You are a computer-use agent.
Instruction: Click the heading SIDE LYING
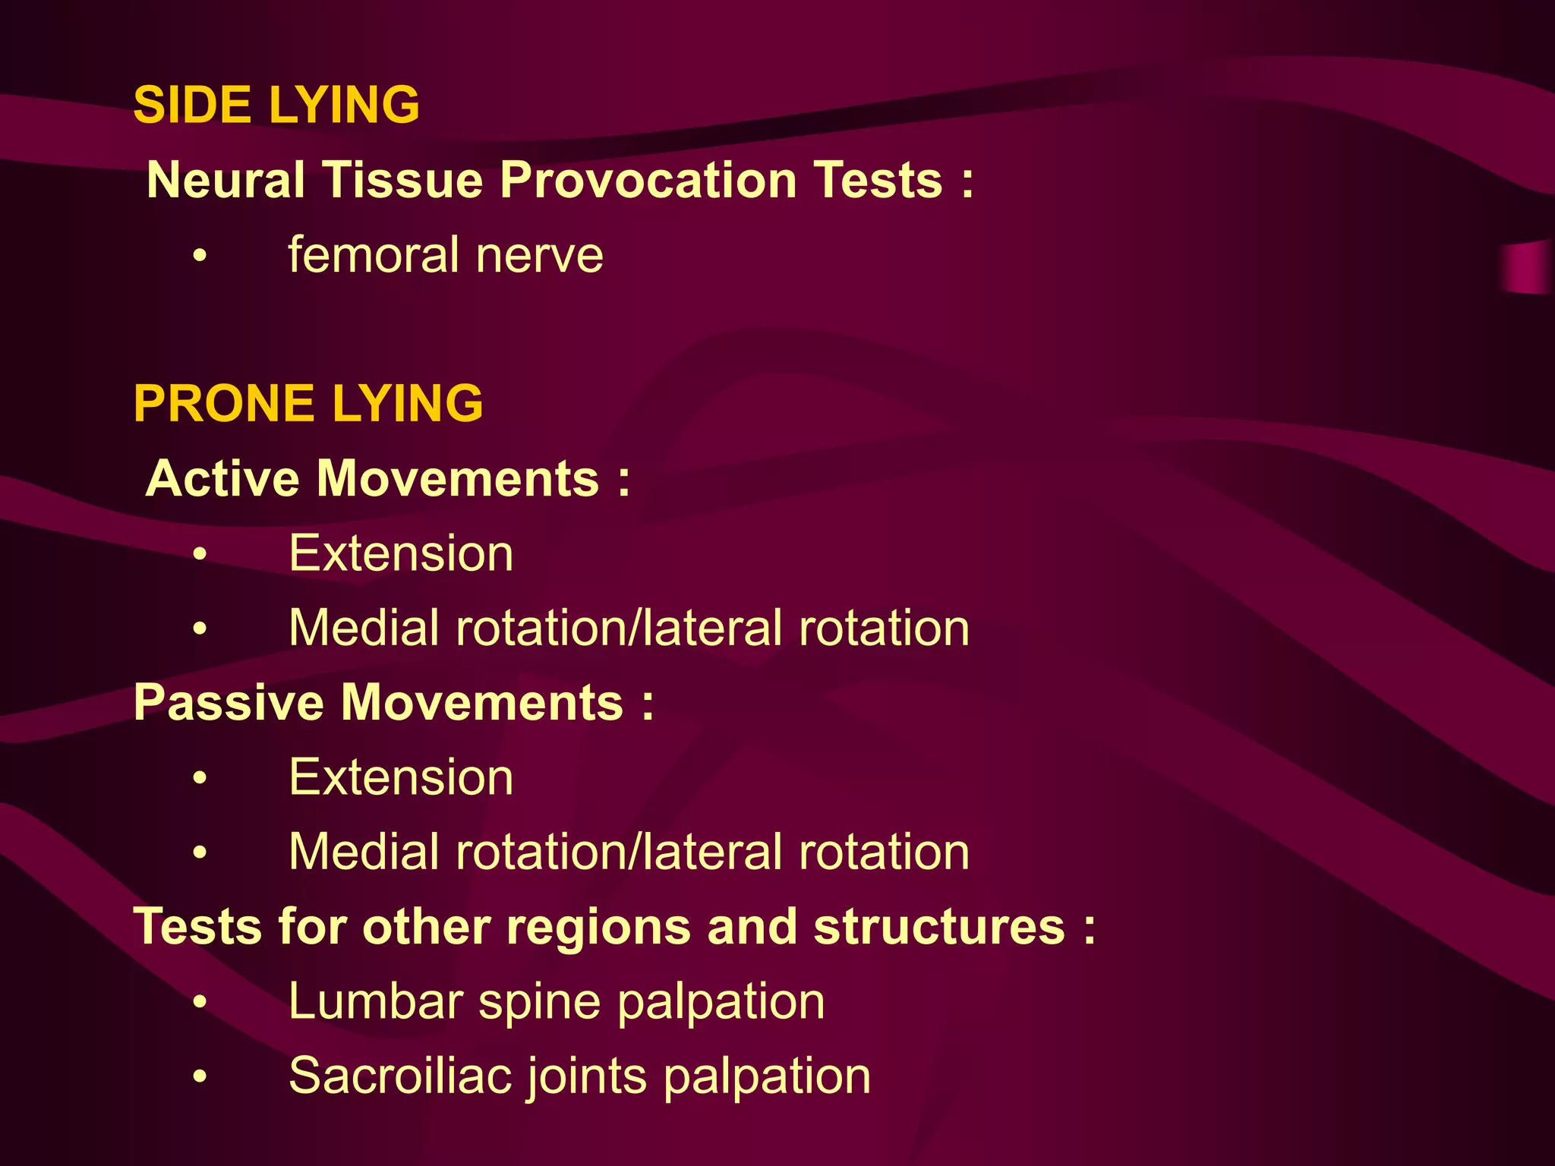276,105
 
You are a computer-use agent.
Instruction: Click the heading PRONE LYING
308,403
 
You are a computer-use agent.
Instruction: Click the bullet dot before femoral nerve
199,257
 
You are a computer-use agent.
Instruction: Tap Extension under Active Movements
401,553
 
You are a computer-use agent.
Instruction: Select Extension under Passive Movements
401,777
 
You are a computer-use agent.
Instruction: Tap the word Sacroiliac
400,1076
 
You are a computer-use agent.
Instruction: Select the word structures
939,927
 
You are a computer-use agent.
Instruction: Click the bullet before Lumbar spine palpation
199,1003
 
